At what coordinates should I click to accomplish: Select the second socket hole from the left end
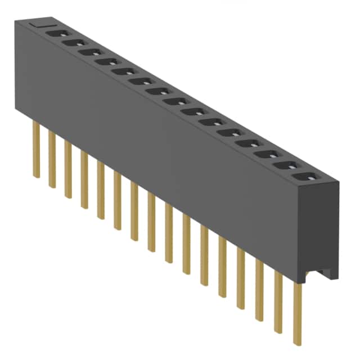72,42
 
